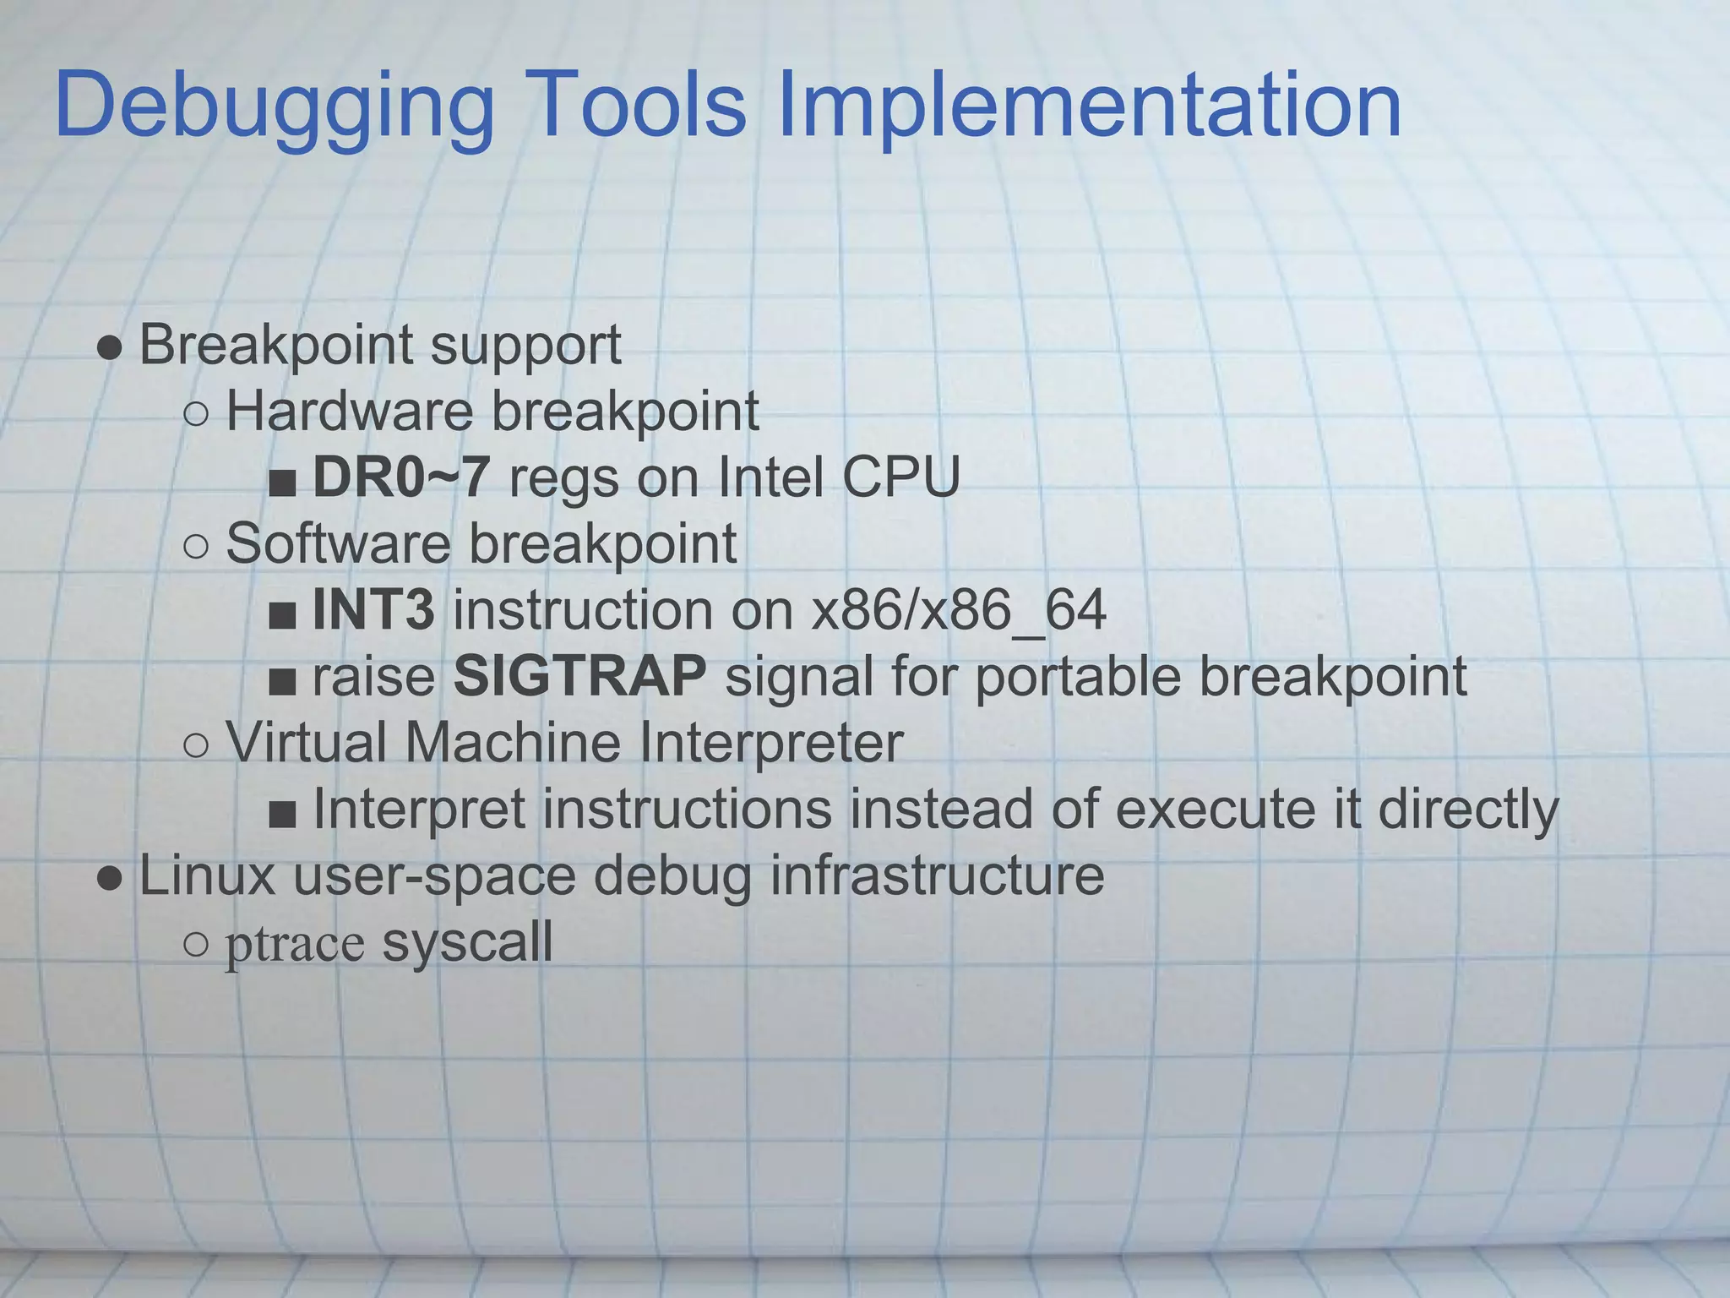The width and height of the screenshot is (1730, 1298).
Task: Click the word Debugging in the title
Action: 275,106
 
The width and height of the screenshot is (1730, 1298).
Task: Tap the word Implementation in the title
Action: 1089,106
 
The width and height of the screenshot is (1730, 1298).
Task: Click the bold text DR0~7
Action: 400,477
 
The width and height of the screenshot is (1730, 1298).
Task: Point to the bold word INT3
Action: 373,609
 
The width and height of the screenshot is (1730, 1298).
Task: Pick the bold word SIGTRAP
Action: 579,676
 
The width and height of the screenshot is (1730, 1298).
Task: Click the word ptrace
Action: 295,944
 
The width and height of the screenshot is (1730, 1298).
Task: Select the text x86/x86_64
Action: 958,610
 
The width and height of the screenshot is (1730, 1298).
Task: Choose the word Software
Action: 338,543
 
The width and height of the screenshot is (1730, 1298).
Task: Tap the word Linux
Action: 207,875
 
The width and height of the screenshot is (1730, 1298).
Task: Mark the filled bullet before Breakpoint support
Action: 109,346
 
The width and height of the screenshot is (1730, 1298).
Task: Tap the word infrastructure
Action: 937,875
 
